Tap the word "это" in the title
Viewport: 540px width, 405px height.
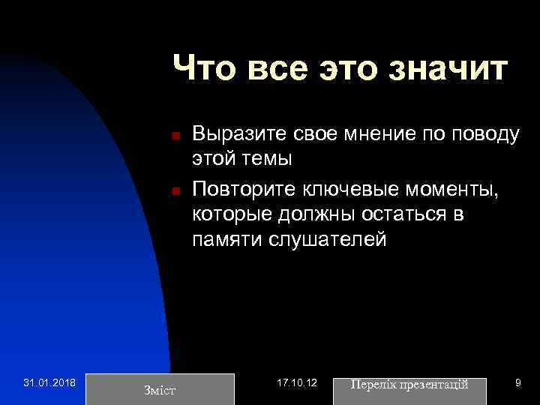(x=344, y=68)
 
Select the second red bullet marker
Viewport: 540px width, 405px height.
(x=174, y=191)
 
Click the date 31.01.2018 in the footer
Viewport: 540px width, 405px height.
(x=49, y=383)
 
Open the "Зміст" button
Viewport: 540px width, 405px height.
(x=160, y=388)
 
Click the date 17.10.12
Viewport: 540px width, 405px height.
(x=297, y=383)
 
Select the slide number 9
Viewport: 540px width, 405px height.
(x=517, y=383)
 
